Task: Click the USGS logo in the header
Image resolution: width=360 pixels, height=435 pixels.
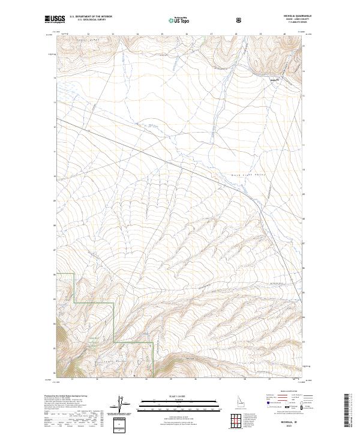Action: pyautogui.click(x=55, y=19)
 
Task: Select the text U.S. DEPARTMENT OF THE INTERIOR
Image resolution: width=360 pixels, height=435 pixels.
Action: pyautogui.click(x=91, y=17)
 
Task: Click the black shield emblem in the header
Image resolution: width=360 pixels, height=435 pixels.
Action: pyautogui.click(x=240, y=20)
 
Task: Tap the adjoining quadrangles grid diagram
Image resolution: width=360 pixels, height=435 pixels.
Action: pyautogui.click(x=243, y=420)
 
